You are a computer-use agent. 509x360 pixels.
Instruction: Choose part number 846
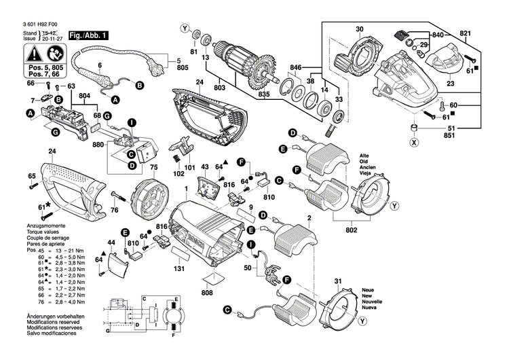tap(296, 69)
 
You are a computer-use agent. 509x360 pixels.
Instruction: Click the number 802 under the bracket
tap(351, 231)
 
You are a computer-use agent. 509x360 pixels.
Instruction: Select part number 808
tap(210, 294)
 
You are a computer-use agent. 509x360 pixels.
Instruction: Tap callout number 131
tap(179, 269)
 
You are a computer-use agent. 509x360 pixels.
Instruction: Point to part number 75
tap(153, 167)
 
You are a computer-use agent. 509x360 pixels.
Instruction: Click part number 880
tap(98, 145)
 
